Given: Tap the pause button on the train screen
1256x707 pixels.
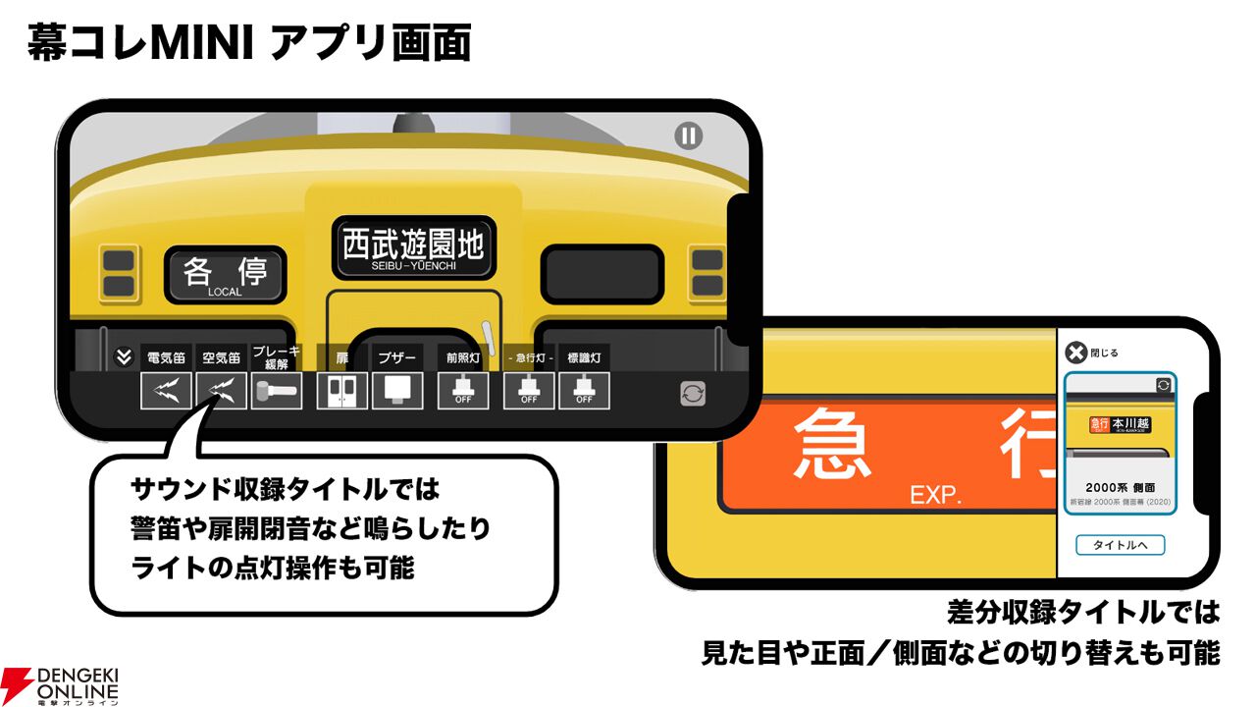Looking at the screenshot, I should [689, 136].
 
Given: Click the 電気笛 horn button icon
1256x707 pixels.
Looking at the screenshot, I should [166, 390].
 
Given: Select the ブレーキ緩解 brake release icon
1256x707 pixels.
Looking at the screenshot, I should [276, 390].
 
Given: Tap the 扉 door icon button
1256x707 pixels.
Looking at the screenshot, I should [341, 390].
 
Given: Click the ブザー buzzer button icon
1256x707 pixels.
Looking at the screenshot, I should [396, 390].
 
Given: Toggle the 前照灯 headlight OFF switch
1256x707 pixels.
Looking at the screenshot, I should [462, 390].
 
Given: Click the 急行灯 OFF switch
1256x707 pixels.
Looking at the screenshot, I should [529, 390].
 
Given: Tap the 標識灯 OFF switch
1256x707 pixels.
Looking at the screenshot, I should [584, 390].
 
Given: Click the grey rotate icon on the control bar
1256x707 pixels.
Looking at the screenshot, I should [693, 394].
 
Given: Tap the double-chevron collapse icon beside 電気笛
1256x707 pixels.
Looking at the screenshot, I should [124, 357].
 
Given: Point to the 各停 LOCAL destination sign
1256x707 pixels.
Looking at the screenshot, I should [226, 273].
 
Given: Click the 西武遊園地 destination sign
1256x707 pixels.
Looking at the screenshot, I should [412, 246].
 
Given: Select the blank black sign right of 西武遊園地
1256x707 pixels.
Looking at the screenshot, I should [603, 273].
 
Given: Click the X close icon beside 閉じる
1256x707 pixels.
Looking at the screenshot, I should [1076, 353].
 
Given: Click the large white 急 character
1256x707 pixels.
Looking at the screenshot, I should [832, 445].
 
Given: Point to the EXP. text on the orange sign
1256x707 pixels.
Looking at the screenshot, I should [934, 495].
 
